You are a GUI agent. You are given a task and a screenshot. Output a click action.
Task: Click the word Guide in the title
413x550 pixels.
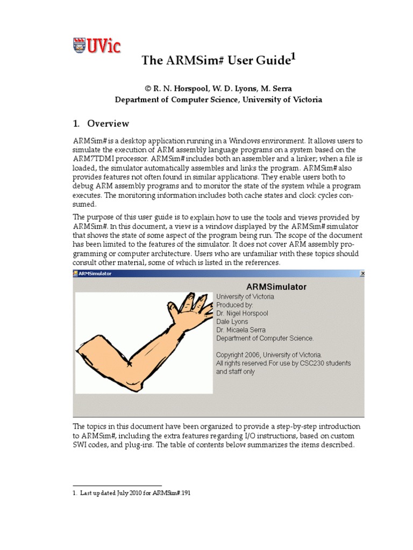pyautogui.click(x=271, y=61)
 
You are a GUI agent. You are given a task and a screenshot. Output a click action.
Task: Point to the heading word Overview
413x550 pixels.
pyautogui.click(x=109, y=124)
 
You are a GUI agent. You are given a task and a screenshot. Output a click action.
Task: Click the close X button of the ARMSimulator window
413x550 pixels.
pyautogui.click(x=362, y=274)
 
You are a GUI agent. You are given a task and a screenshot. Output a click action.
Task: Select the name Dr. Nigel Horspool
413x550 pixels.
pyautogui.click(x=242, y=313)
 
